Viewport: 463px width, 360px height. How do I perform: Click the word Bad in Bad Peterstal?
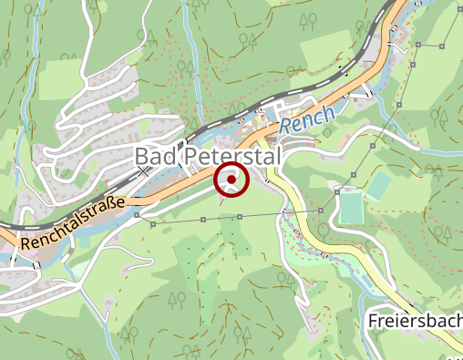(153, 157)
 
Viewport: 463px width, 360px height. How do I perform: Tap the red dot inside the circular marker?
(231, 180)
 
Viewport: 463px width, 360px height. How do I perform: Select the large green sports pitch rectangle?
(351, 208)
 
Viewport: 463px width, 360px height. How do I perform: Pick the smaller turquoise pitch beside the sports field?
(378, 185)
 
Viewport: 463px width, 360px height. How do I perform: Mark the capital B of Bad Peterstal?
(142, 157)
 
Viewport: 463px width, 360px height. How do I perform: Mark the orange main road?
(182, 182)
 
